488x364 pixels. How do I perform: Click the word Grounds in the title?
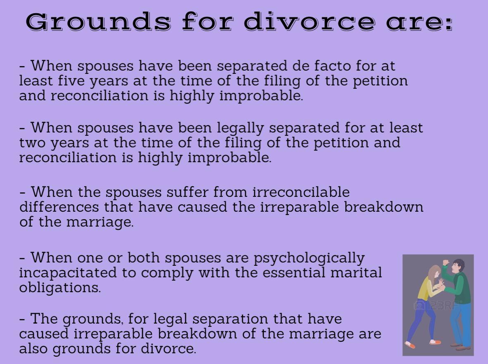pyautogui.click(x=98, y=22)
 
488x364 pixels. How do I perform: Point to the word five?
pyautogui.click(x=71, y=80)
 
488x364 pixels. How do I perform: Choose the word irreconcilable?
pyautogui.click(x=301, y=192)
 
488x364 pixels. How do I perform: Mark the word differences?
pyautogui.click(x=59, y=207)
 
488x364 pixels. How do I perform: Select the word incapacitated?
pyautogui.click(x=68, y=273)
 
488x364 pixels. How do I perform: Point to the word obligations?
pyautogui.click(x=60, y=288)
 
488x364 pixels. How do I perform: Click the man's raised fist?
pyautogui.click(x=446, y=262)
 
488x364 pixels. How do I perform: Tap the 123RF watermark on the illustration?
pyautogui.click(x=437, y=305)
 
